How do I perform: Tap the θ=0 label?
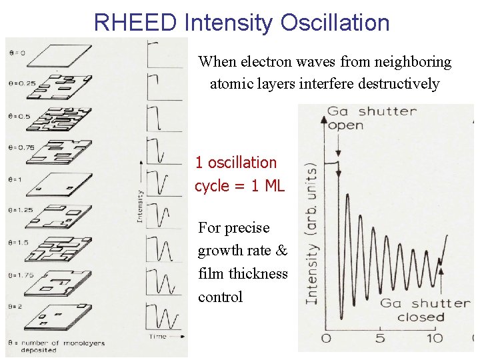(x=15, y=52)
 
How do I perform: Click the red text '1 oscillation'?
(x=235, y=163)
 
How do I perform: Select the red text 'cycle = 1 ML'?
(x=239, y=186)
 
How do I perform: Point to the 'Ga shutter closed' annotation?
(x=424, y=310)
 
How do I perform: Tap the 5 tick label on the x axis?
(x=380, y=338)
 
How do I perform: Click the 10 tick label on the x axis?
(x=434, y=338)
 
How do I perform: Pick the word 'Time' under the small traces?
(x=158, y=337)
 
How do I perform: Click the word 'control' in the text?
(x=220, y=297)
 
